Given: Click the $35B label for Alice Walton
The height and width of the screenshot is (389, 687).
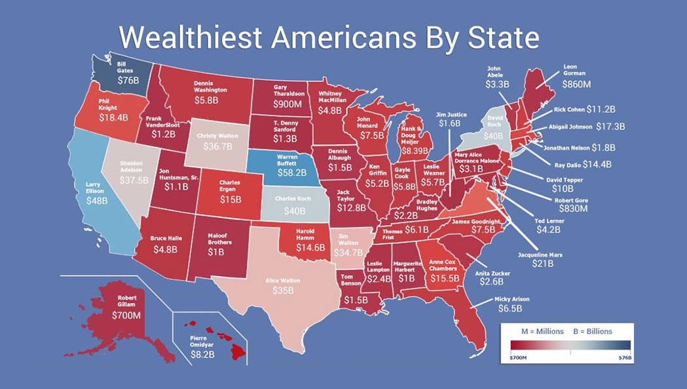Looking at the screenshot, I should (283, 291).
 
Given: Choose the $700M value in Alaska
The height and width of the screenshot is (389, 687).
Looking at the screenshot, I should (126, 316).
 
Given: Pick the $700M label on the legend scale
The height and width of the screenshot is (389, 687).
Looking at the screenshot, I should (518, 359).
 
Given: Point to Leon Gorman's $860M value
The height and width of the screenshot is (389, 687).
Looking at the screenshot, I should (578, 85).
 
